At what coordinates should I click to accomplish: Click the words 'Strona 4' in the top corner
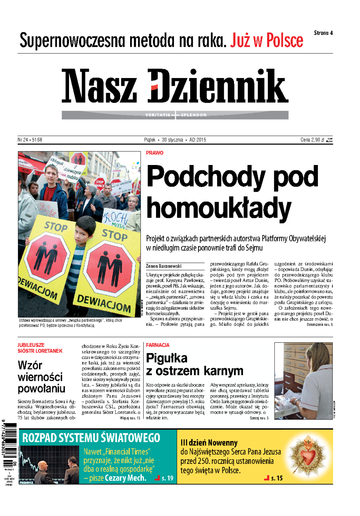[x=323, y=33]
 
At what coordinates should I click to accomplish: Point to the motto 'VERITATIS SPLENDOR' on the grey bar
[x=175, y=115]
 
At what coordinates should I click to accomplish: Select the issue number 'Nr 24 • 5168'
[x=30, y=140]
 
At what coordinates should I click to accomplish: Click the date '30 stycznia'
[x=172, y=140]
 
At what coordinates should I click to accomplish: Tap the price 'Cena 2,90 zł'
[x=312, y=140]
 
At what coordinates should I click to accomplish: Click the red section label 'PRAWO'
[x=154, y=153]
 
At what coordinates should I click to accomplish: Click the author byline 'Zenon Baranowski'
[x=163, y=266]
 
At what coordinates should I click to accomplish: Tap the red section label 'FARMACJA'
[x=157, y=345]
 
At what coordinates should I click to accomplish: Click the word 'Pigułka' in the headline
[x=166, y=358]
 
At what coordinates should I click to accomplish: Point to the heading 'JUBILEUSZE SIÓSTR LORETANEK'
[x=40, y=348]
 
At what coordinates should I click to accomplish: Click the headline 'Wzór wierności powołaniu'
[x=41, y=377]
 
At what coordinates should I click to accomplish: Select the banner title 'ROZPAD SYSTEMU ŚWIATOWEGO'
[x=91, y=438]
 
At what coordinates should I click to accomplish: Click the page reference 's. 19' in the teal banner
[x=167, y=478]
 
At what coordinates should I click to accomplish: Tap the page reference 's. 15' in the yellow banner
[x=277, y=478]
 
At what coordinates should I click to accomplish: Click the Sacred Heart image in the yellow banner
[x=309, y=456]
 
